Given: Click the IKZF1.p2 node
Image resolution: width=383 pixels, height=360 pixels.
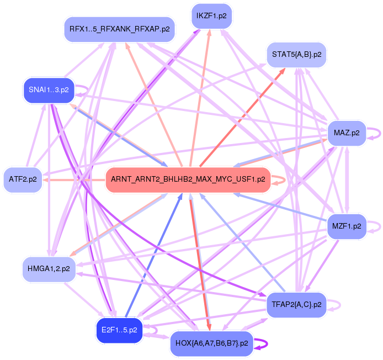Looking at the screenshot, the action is [x=211, y=16].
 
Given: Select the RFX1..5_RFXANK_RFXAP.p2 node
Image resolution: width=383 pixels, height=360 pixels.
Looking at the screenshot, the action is [x=119, y=28].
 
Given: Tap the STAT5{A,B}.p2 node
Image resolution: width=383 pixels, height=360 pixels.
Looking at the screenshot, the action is [x=296, y=54].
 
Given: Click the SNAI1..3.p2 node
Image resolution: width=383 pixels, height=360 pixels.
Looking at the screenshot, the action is [x=49, y=89].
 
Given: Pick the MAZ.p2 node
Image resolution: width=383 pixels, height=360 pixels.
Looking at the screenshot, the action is [x=347, y=133].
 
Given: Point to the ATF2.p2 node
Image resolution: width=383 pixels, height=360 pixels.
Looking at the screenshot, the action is [x=23, y=179].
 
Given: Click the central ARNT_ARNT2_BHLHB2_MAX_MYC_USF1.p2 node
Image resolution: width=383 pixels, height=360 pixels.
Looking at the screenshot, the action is [x=188, y=179].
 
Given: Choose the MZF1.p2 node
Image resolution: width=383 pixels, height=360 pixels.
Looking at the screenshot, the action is [x=347, y=226].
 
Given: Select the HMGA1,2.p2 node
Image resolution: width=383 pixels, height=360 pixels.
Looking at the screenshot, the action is [x=48, y=268].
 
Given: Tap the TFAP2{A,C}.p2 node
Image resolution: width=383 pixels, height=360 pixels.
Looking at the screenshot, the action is [x=296, y=304].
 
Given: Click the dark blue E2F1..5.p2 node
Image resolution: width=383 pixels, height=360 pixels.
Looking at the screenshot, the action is [x=119, y=330].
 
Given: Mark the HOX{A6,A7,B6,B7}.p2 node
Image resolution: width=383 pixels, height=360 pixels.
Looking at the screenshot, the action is [x=211, y=343].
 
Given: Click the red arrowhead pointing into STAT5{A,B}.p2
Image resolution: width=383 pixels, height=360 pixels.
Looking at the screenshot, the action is [x=282, y=71].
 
